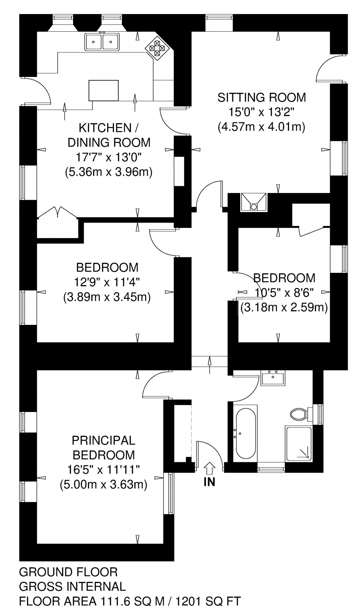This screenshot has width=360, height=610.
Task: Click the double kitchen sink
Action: point(102,41)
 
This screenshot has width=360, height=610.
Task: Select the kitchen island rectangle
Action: point(103,90)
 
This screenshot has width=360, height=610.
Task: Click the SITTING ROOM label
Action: point(262,97)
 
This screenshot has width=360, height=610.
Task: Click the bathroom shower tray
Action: point(299,443)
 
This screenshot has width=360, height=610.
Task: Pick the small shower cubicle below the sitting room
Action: point(253,202)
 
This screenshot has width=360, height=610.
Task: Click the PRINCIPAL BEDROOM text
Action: point(103,448)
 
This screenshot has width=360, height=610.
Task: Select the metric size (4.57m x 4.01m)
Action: point(262,127)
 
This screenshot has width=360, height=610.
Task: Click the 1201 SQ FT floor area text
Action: point(209,601)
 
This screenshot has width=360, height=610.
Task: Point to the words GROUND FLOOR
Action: point(68,572)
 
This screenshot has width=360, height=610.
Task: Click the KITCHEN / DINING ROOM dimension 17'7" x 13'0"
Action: point(109,157)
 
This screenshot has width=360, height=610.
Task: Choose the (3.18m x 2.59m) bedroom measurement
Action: point(284,308)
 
